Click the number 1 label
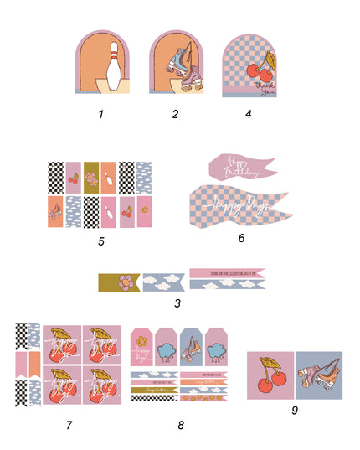coord(100,114)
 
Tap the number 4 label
coord(249,114)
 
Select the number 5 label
coord(100,242)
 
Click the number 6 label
coord(241,238)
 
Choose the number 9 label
coord(295,410)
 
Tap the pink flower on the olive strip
coord(126,282)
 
